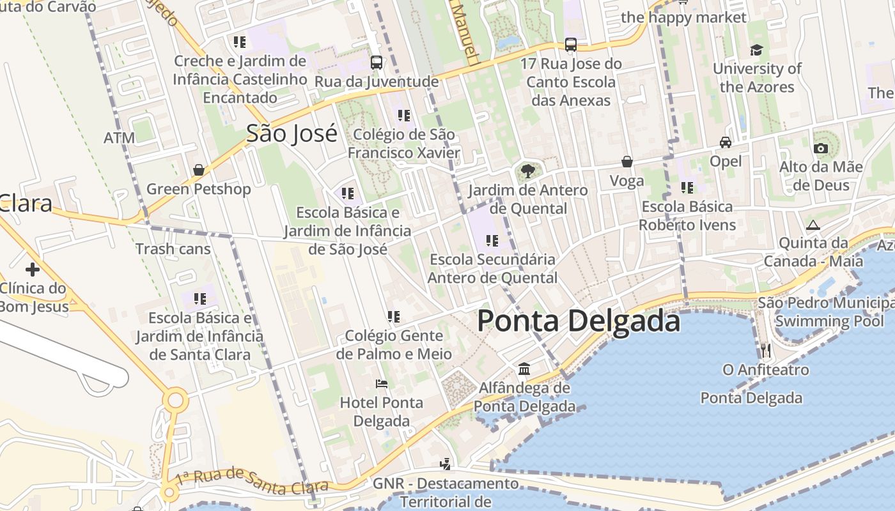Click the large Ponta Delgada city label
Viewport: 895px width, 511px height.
coord(579,321)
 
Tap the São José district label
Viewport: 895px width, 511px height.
coord(292,134)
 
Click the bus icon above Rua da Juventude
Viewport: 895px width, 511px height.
coord(377,63)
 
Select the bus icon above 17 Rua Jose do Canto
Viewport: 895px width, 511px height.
coord(571,45)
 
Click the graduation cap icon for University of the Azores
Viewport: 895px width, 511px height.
coord(757,50)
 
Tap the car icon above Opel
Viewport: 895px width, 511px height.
coord(726,142)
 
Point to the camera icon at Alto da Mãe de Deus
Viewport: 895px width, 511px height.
coord(821,149)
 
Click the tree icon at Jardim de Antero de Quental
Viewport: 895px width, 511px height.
coord(528,171)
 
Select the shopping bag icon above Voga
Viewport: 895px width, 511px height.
coord(626,162)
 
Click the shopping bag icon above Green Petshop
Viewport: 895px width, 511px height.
coord(199,170)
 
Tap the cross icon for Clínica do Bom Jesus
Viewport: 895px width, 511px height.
coord(32,269)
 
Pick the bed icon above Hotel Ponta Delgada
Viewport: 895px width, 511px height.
coord(382,384)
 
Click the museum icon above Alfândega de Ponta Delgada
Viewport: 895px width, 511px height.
coord(524,369)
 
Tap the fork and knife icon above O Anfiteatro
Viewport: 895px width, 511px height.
coord(766,350)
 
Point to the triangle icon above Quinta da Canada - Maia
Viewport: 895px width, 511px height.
coord(813,225)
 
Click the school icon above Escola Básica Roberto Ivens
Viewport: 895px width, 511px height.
coord(687,188)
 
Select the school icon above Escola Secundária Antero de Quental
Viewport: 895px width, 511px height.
coord(492,241)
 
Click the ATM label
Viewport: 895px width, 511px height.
coord(120,138)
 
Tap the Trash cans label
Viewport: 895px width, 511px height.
coord(173,249)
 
